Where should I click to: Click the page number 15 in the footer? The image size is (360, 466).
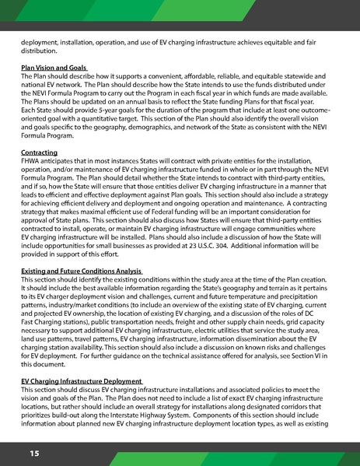(x=35, y=452)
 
